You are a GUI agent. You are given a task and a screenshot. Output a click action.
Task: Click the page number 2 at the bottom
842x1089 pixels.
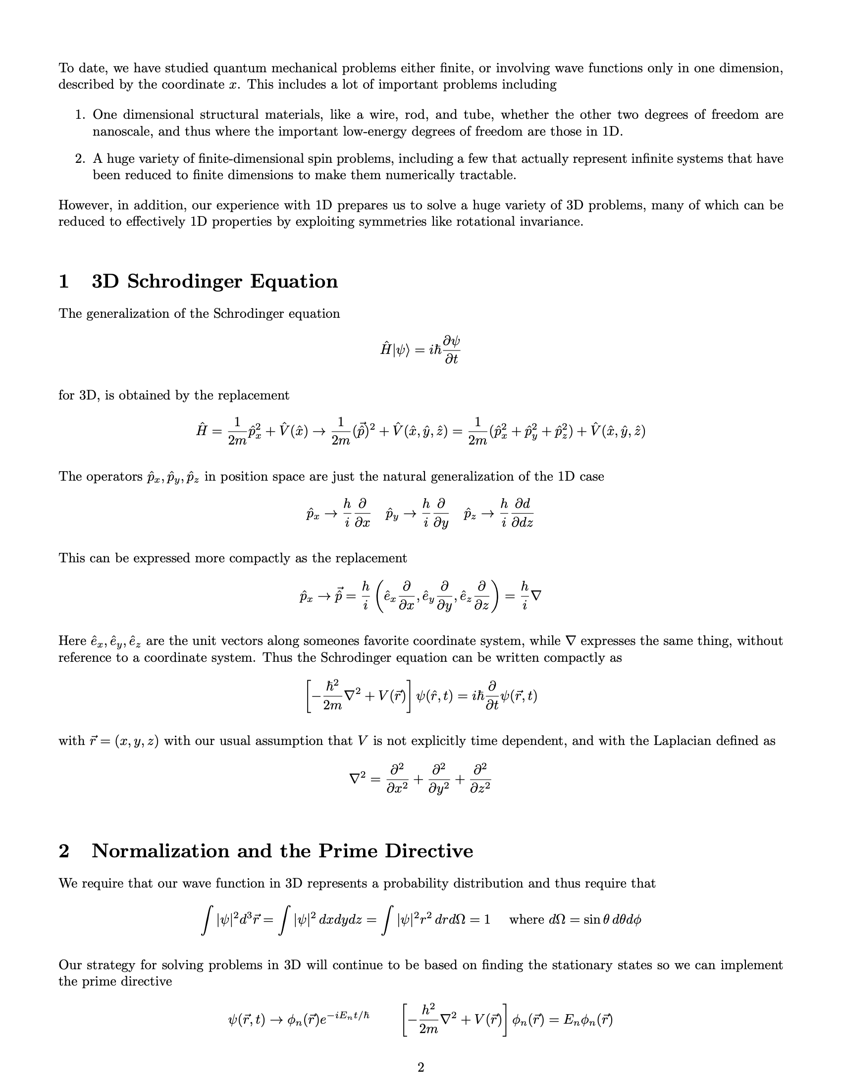421,1067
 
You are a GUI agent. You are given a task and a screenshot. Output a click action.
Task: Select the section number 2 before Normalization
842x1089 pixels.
64,850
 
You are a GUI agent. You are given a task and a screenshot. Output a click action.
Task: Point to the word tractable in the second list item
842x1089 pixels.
487,175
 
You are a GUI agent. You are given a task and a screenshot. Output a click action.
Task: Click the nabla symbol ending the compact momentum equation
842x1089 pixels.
536,596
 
